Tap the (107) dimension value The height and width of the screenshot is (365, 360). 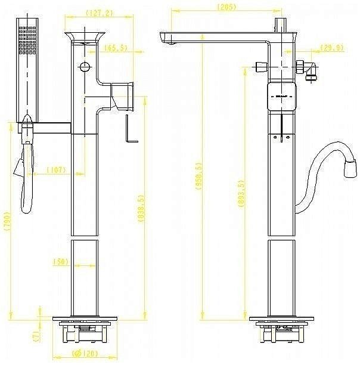coord(57,169)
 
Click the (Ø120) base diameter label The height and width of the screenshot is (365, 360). coord(84,353)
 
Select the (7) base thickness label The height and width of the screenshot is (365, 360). coord(36,337)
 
